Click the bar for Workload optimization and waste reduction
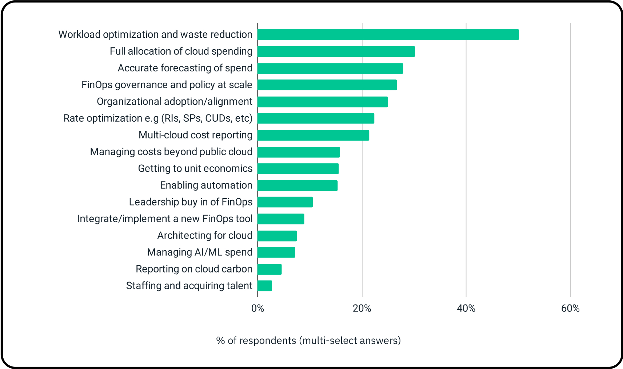click(x=388, y=35)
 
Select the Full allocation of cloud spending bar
click(x=336, y=51)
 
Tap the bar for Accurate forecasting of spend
click(x=330, y=68)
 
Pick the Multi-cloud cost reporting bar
click(x=313, y=135)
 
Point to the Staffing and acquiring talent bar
click(x=265, y=286)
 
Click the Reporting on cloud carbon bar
click(x=269, y=269)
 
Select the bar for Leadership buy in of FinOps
click(x=285, y=202)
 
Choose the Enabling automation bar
click(x=297, y=185)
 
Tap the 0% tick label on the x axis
click(x=257, y=309)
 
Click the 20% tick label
click(x=362, y=309)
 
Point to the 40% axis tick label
click(x=466, y=309)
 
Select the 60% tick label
click(x=570, y=309)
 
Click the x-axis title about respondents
click(x=308, y=341)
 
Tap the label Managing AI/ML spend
click(x=200, y=252)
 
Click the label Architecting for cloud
click(x=205, y=235)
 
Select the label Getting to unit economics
click(x=195, y=168)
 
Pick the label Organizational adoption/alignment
click(x=175, y=101)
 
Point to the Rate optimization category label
click(x=158, y=118)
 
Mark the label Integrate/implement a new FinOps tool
click(x=165, y=219)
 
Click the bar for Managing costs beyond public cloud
click(x=299, y=152)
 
